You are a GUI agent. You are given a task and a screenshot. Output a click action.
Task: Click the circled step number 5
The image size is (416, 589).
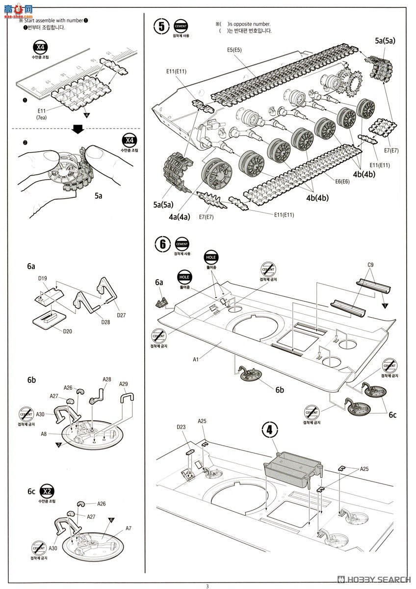161,27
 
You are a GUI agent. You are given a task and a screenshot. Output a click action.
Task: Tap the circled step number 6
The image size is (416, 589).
161,244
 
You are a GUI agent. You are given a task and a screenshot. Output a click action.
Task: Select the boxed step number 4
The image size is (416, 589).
269,429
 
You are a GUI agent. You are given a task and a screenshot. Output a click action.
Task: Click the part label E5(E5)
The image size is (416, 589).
234,50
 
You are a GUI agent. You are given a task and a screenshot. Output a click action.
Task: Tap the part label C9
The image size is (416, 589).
370,265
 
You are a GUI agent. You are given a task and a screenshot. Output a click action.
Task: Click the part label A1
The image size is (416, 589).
195,359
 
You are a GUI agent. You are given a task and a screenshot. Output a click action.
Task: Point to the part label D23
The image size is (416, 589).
182,427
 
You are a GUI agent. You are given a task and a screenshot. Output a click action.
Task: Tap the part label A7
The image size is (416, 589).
129,528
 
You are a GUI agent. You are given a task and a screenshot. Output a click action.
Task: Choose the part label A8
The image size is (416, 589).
44,434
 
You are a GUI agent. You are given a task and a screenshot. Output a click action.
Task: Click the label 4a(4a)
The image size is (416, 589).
180,217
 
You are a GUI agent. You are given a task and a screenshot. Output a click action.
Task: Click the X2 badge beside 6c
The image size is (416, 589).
47,492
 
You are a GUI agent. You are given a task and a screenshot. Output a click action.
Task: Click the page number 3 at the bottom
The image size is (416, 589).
207,586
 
